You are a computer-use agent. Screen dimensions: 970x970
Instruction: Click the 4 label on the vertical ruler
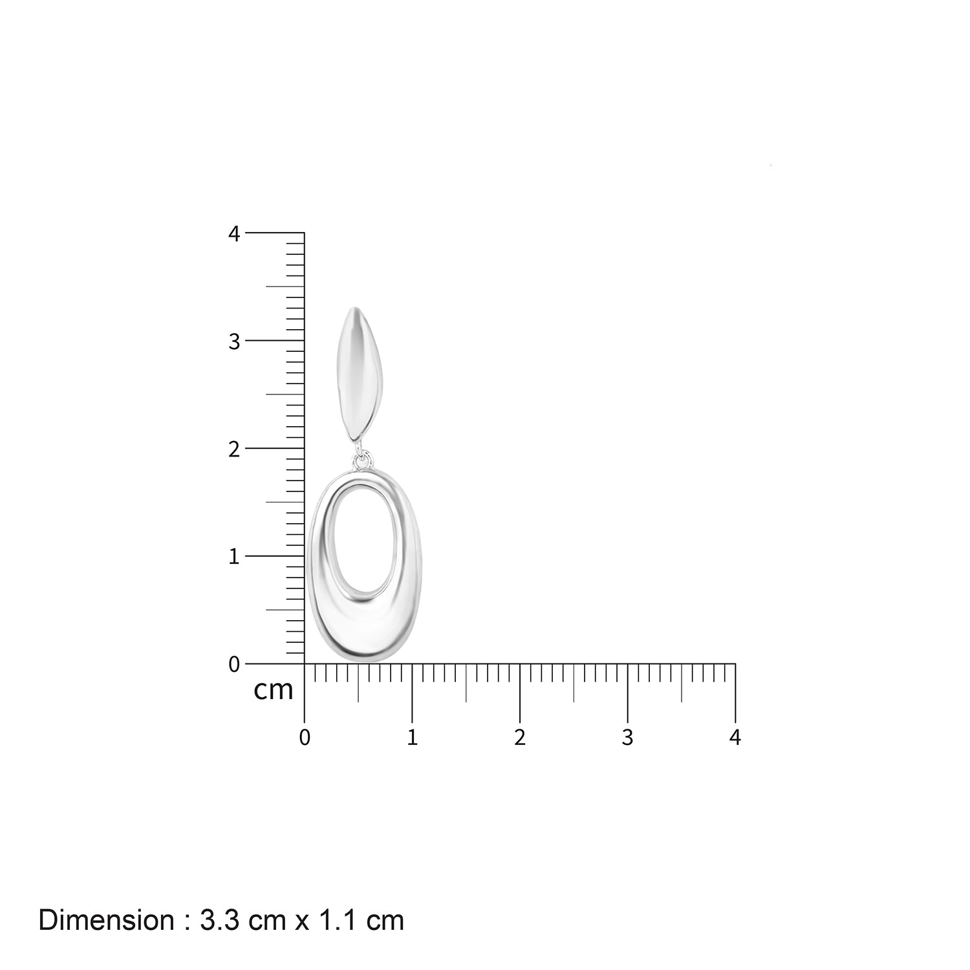tap(234, 233)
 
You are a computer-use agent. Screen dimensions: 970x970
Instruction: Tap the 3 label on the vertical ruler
tap(234, 341)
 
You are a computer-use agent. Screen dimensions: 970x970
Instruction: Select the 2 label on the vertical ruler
tap(234, 449)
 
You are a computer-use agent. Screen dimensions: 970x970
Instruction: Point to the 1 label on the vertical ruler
tap(234, 556)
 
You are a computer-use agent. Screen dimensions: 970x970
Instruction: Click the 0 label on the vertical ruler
tap(234, 664)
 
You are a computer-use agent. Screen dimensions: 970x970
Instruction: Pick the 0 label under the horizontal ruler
tap(305, 737)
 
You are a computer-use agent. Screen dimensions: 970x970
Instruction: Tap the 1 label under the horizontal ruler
tap(412, 737)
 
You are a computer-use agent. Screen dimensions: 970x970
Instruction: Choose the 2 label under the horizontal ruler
tap(520, 737)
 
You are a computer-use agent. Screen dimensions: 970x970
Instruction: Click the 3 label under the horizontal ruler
tap(627, 737)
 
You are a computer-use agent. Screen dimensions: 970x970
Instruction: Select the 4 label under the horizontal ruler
tap(735, 737)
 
